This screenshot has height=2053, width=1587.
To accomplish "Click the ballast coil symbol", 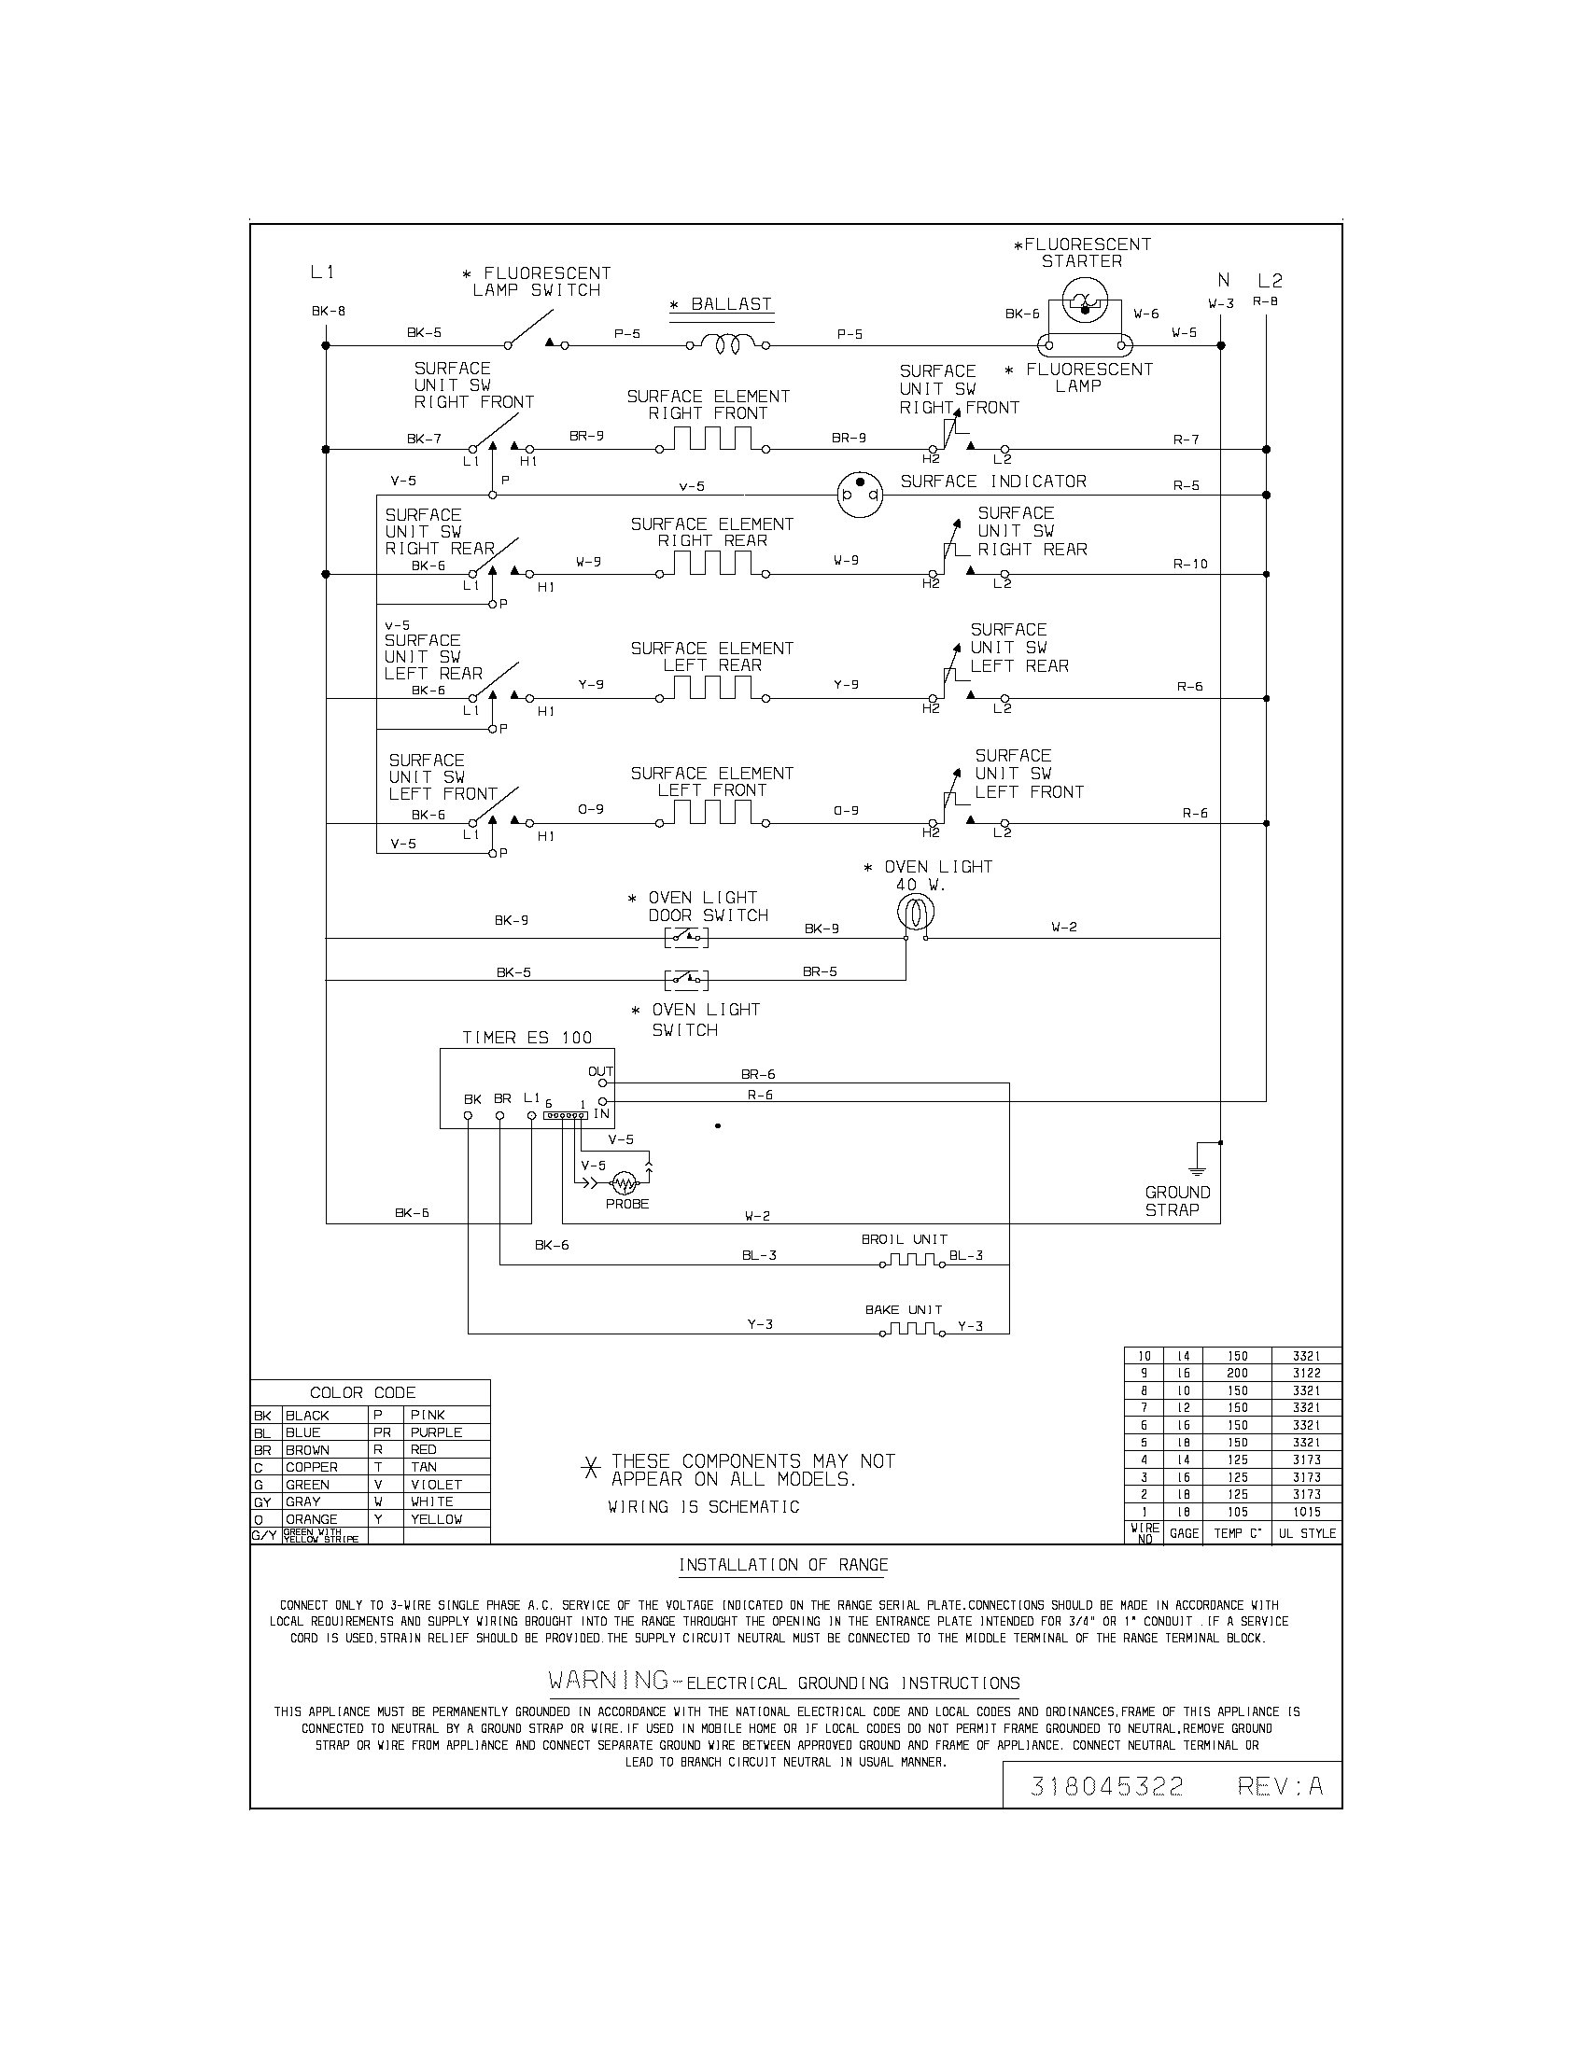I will click(x=729, y=345).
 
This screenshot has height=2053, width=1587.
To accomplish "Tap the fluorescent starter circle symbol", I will click(x=1081, y=302).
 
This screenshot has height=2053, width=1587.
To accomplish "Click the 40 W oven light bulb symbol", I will click(x=915, y=911).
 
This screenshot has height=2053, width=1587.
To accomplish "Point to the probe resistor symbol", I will click(x=625, y=1182).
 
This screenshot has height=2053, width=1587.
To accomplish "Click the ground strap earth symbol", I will click(x=1197, y=1169).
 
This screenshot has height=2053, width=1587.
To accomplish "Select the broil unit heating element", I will click(x=910, y=1260).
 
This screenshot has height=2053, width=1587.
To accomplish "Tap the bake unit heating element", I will click(x=910, y=1329).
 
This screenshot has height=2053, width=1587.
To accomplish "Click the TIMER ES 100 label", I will click(x=527, y=1038).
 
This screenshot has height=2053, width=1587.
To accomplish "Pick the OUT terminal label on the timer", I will click(x=600, y=1071).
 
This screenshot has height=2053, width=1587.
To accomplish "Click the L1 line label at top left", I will click(x=322, y=272).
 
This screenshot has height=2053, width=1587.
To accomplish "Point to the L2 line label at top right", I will click(x=1270, y=280).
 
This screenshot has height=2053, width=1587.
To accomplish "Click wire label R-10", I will click(x=1190, y=564).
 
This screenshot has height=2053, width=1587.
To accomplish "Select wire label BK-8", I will click(x=328, y=311).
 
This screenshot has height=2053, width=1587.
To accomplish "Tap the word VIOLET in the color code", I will click(x=436, y=1485).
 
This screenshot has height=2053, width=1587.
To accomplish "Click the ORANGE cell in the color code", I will click(x=311, y=1519).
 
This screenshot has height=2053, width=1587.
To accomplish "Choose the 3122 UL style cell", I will click(x=1306, y=1374).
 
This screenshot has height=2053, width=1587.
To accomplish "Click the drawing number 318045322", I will click(x=1106, y=1787).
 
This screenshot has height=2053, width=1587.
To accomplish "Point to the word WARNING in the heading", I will click(x=609, y=1679).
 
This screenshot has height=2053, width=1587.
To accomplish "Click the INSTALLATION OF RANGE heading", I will click(x=783, y=1565).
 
